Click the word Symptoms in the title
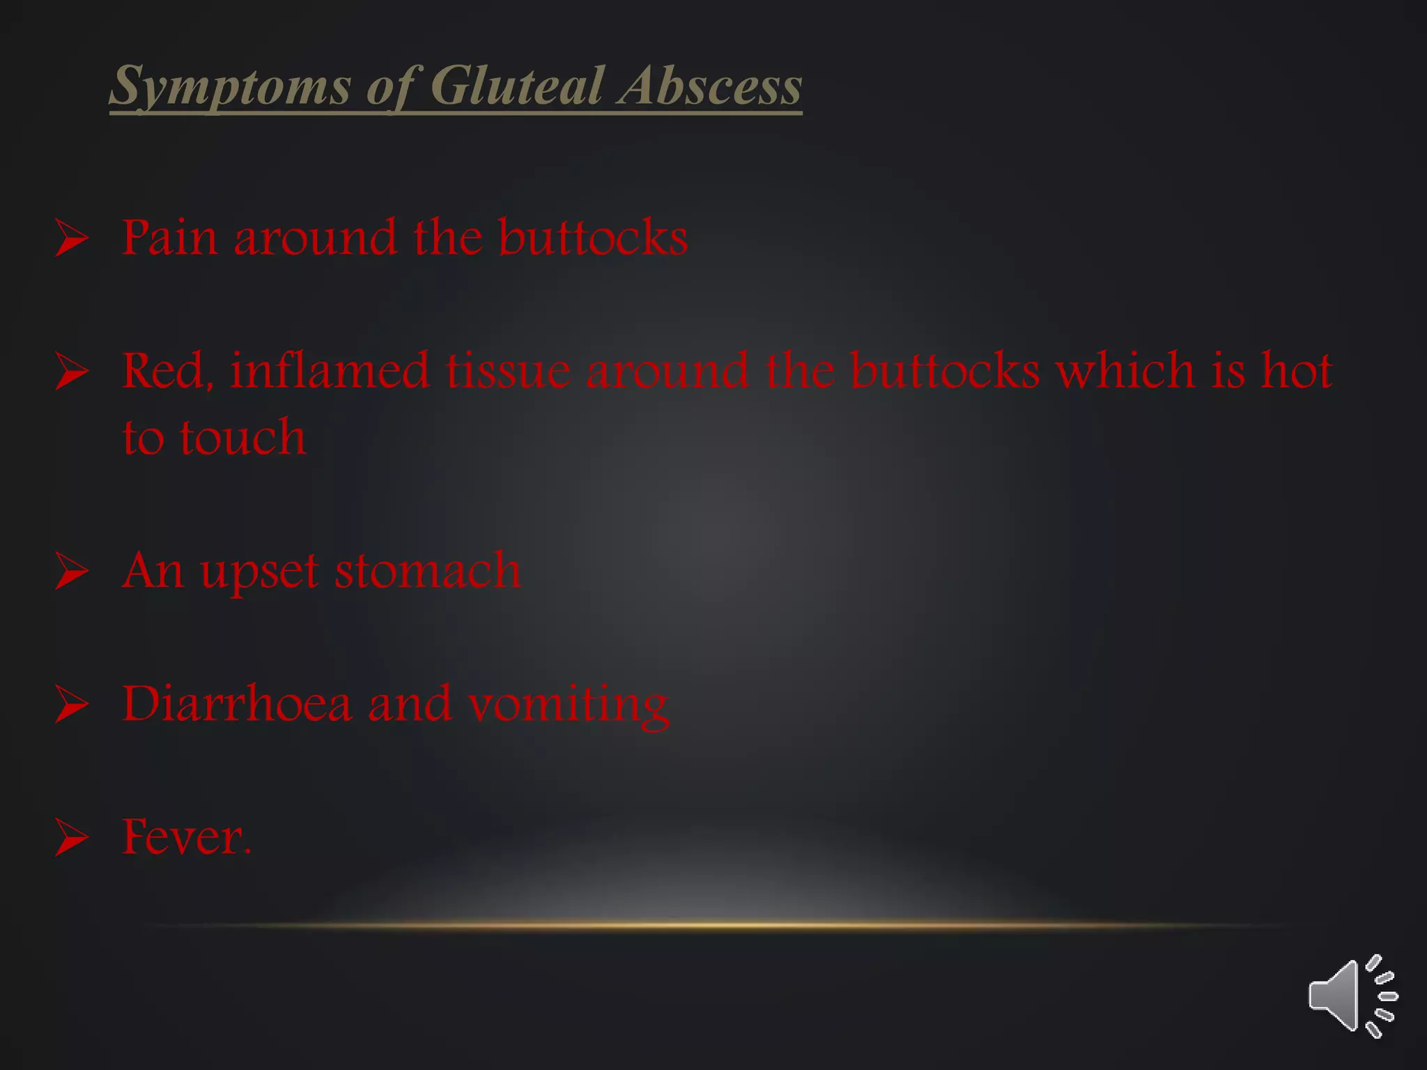(231, 86)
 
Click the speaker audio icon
(1352, 996)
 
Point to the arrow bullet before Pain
(72, 238)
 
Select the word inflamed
(330, 370)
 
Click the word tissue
(508, 370)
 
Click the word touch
(242, 437)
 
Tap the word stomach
(427, 571)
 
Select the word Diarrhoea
(237, 704)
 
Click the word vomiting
(568, 705)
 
